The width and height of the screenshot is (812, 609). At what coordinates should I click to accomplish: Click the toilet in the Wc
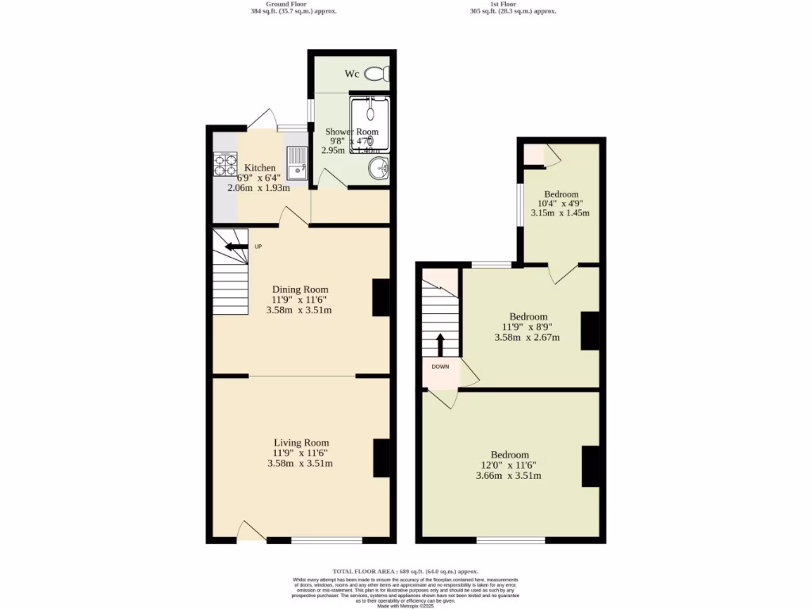377,74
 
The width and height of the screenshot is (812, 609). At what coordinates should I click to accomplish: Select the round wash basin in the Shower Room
380,167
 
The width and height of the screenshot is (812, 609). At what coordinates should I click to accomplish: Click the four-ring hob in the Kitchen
225,163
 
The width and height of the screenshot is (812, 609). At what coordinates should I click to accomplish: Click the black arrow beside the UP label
236,247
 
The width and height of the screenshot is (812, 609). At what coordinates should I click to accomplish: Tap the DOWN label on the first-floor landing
441,366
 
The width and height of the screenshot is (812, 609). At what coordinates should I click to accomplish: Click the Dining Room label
300,289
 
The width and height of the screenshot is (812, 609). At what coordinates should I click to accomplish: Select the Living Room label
301,442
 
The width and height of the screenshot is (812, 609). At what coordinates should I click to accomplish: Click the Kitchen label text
259,168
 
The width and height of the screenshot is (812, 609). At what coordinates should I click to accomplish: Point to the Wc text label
352,74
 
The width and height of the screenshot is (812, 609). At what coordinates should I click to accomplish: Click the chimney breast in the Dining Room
381,298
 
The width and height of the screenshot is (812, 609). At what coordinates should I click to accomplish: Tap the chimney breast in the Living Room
381,458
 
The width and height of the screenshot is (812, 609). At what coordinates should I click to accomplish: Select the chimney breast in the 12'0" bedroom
591,466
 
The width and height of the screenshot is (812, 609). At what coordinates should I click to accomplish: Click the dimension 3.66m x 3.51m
508,476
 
